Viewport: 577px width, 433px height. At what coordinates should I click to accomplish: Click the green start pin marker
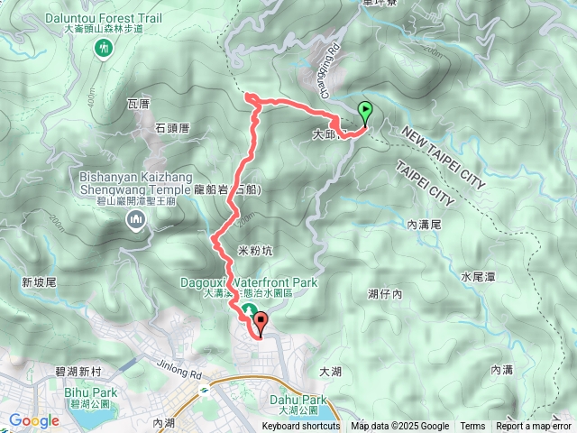point(365,113)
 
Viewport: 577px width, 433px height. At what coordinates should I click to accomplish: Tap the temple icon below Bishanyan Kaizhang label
point(136,218)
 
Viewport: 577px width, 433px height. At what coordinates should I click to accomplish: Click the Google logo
point(34,420)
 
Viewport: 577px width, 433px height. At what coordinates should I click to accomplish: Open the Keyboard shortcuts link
point(301,427)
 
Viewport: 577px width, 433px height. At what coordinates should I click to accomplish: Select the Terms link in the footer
point(472,427)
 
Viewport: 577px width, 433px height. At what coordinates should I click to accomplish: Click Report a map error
point(534,427)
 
